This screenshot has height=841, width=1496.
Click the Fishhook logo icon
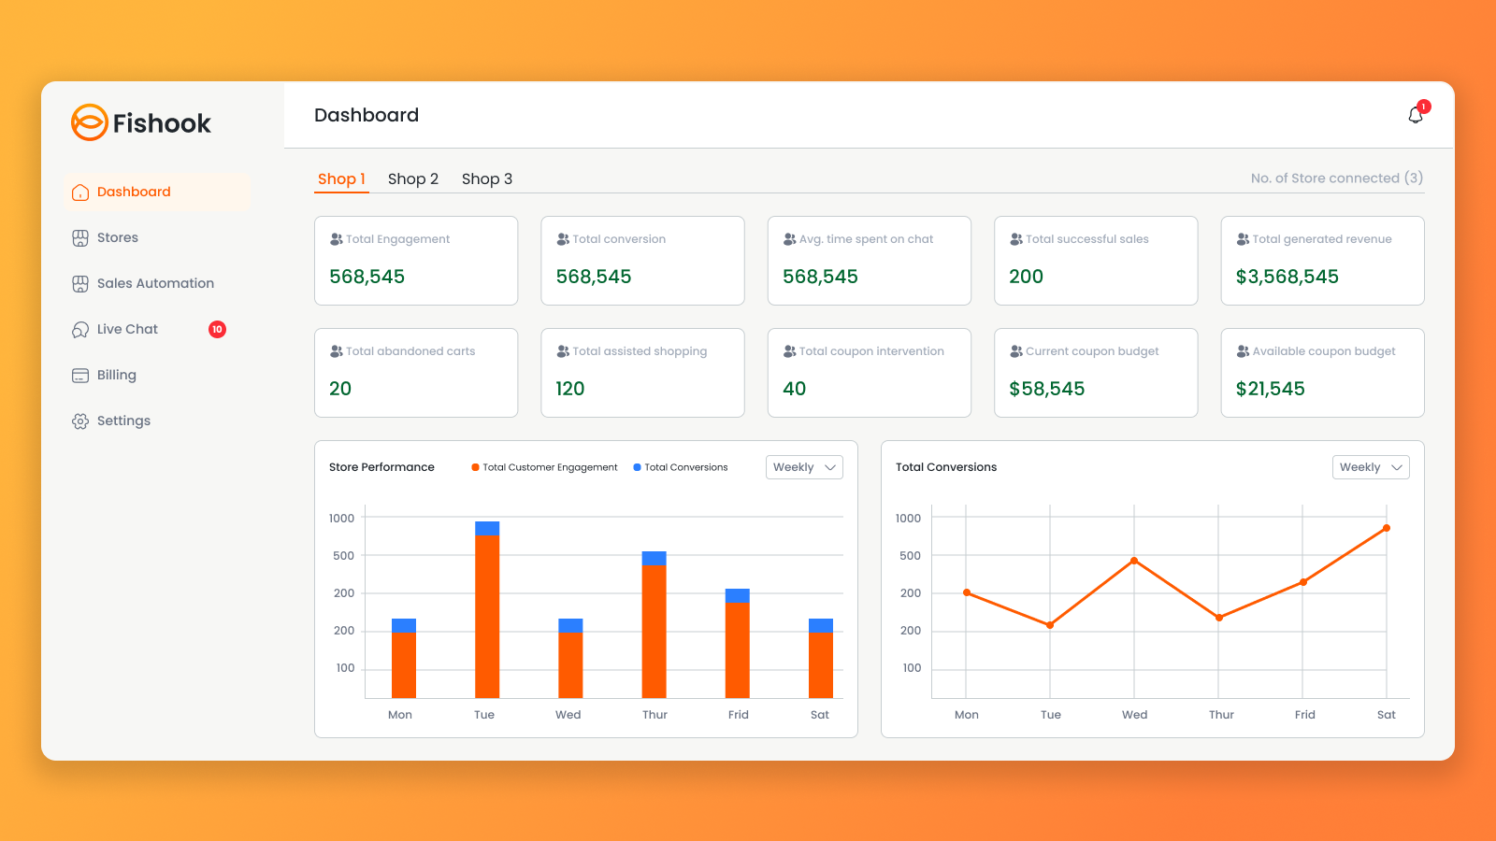(90, 122)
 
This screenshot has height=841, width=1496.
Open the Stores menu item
(117, 237)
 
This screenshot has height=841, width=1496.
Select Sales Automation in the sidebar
(154, 283)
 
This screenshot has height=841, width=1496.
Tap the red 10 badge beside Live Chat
(217, 329)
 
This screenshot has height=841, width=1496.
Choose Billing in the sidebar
(116, 375)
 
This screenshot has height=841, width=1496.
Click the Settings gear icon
(80, 421)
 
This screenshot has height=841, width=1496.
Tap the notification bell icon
(1416, 115)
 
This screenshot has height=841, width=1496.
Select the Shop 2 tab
(412, 178)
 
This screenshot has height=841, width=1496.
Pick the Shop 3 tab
(486, 178)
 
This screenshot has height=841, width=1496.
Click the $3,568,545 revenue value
(1287, 277)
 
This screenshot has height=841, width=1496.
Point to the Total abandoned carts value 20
(340, 389)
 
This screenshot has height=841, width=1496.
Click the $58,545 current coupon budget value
(1046, 389)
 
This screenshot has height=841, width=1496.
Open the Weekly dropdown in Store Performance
(804, 467)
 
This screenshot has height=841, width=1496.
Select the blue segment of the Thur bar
(654, 558)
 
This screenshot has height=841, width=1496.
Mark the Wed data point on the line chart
(1134, 561)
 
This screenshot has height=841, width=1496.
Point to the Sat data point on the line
(1387, 528)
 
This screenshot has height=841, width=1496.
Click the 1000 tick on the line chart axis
(908, 518)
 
